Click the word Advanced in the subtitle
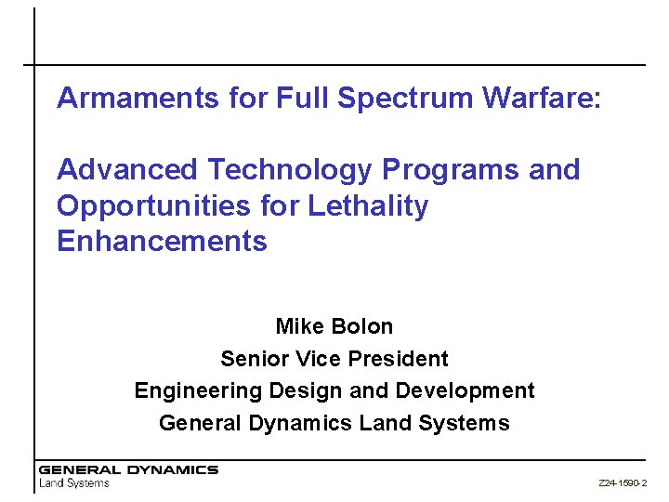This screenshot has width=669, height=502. [x=127, y=170]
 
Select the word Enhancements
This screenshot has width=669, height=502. [x=162, y=242]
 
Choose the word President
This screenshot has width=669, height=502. [x=392, y=359]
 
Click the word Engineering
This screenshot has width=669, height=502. [x=190, y=390]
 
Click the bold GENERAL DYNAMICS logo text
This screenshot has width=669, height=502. [x=128, y=470]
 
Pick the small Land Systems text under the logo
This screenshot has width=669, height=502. [x=73, y=483]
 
